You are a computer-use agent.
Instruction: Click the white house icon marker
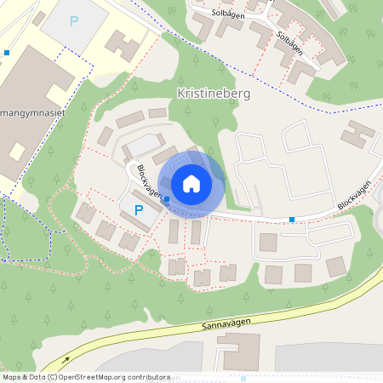(191, 183)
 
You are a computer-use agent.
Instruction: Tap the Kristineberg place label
(213, 93)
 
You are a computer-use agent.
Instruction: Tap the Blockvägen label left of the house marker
(146, 180)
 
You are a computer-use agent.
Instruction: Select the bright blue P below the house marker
(137, 209)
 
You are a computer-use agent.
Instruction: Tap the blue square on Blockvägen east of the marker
(292, 220)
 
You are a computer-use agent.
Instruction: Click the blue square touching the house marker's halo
(167, 199)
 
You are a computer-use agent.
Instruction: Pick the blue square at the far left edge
(7, 53)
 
